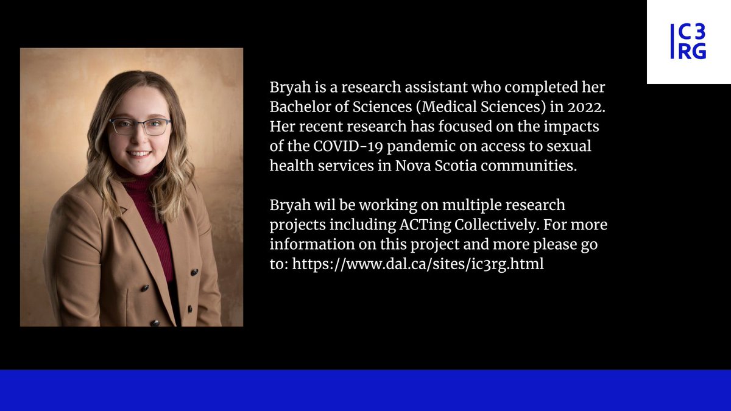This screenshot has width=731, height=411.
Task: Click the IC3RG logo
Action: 688,42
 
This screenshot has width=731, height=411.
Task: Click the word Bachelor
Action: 295,107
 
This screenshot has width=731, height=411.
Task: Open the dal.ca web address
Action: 417,265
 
